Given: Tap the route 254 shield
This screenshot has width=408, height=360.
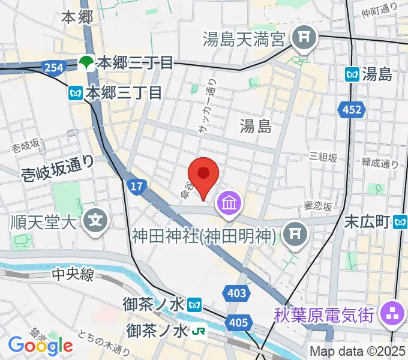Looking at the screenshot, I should [x=53, y=68].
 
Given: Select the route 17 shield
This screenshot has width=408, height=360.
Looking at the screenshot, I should [x=137, y=187].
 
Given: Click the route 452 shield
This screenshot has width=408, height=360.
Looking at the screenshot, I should [x=353, y=109].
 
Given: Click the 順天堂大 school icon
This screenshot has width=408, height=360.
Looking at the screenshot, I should [x=96, y=221].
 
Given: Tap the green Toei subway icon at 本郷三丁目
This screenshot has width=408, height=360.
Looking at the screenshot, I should [x=87, y=62].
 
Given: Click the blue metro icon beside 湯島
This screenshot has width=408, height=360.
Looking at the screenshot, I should [x=352, y=74].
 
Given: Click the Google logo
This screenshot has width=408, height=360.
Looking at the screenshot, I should [x=40, y=345].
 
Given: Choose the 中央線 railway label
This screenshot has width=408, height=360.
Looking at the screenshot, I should [x=73, y=275].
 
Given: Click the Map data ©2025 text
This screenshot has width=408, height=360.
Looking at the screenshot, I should [x=357, y=351].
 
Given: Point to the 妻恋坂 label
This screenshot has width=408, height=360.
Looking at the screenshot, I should [x=317, y=206].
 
